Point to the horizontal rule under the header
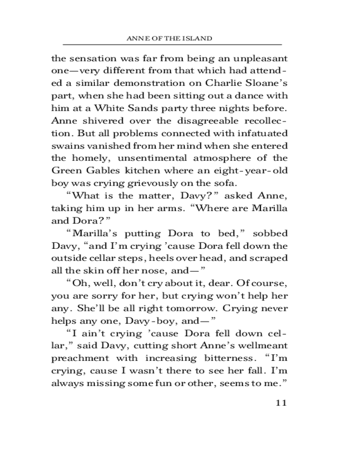pos(172,45)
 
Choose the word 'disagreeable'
pos(203,121)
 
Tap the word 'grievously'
pos(150,183)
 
